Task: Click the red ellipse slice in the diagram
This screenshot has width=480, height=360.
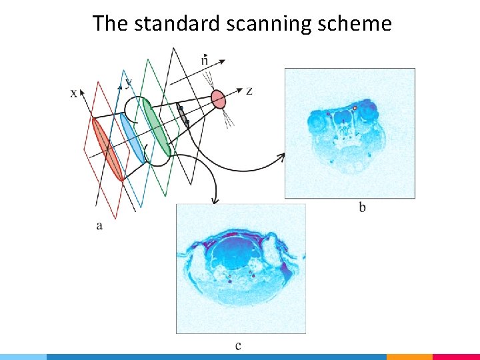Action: tap(109, 149)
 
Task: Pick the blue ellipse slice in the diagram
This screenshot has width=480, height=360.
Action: tap(132, 138)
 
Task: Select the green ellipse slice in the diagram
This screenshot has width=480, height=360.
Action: tap(157, 129)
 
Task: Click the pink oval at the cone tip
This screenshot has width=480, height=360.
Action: tap(219, 99)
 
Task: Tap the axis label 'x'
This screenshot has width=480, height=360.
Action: tap(73, 93)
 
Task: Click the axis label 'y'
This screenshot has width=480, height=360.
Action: tap(128, 82)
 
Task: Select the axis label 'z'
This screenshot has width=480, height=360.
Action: tap(249, 91)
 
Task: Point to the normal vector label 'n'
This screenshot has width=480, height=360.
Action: tap(204, 61)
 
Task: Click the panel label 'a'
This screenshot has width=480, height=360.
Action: tap(99, 225)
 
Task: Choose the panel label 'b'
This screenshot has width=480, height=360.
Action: tap(362, 207)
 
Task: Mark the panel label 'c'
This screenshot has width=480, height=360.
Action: tap(238, 345)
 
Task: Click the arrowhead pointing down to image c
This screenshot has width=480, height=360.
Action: tap(214, 199)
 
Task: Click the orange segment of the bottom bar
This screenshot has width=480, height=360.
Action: tap(409, 357)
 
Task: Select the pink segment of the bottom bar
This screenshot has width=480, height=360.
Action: tap(456, 357)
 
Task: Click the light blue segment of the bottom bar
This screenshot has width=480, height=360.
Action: tap(23, 357)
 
